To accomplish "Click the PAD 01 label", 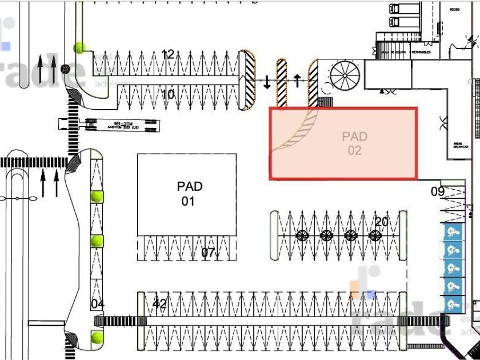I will (x=189, y=194).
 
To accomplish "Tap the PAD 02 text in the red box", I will (x=354, y=143).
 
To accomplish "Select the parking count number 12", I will (x=167, y=54).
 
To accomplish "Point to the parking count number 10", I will (x=167, y=94).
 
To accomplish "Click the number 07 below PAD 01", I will (x=207, y=252).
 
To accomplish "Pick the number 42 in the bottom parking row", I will (x=160, y=304).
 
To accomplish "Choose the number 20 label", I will (x=381, y=222).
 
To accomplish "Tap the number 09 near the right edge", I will (x=438, y=191).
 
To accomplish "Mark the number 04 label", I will (x=98, y=304).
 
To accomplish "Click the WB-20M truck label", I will (x=109, y=124).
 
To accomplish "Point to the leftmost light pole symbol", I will (x=302, y=235).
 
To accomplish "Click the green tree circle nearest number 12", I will (x=79, y=47).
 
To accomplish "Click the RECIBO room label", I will (x=455, y=10).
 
